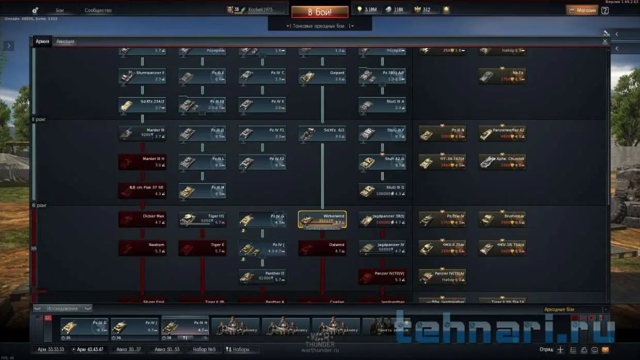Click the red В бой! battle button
(319, 11)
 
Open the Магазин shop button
(582, 10)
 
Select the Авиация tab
(65, 41)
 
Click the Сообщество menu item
(98, 10)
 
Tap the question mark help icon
(605, 10)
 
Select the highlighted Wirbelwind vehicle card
(322, 219)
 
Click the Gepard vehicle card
(322, 76)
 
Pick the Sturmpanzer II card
(142, 76)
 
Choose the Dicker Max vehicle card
(142, 219)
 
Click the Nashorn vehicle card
(142, 248)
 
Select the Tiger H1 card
(202, 219)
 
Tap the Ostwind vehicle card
(322, 248)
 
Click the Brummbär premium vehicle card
(502, 219)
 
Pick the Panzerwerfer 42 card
(502, 134)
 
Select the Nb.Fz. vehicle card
(502, 76)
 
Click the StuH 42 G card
(382, 162)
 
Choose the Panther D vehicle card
(262, 276)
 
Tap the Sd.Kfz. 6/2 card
(322, 134)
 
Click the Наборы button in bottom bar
(237, 349)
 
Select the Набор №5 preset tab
(203, 349)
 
